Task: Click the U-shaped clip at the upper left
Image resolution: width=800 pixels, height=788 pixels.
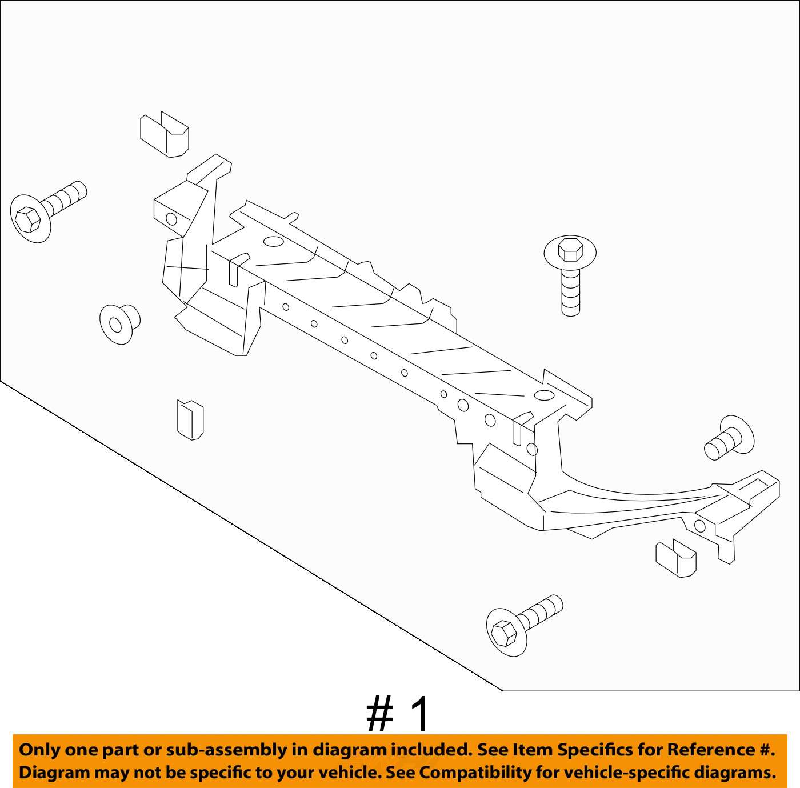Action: (165, 135)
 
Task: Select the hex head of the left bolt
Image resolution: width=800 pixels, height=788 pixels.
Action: (29, 219)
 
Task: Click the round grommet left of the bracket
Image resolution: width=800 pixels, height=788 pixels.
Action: (119, 324)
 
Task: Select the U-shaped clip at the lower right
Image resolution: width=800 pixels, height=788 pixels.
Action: (675, 558)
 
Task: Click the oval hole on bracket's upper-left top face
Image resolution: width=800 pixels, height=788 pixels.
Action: (274, 242)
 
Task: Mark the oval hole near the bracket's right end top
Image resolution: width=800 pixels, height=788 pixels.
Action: (543, 395)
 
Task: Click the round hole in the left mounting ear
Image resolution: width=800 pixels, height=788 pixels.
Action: (171, 218)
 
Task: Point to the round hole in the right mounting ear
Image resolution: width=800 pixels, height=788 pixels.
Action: (699, 525)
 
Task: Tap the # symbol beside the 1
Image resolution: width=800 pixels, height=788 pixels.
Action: (379, 715)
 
